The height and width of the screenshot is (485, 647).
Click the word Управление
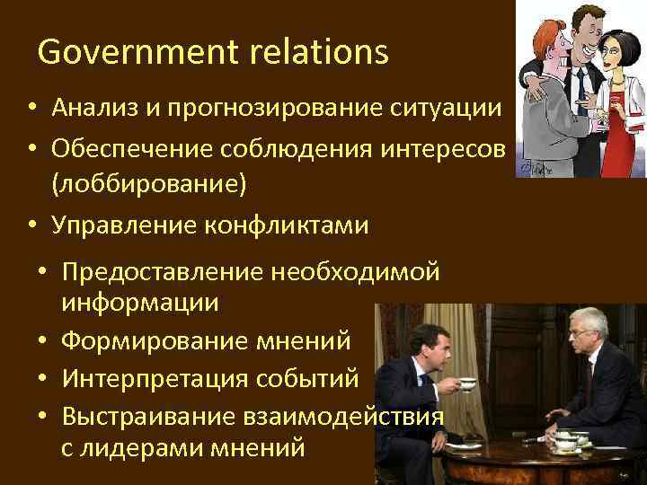(127, 225)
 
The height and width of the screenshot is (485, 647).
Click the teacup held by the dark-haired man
(467, 384)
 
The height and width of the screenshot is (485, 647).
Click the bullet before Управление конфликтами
(31, 225)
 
